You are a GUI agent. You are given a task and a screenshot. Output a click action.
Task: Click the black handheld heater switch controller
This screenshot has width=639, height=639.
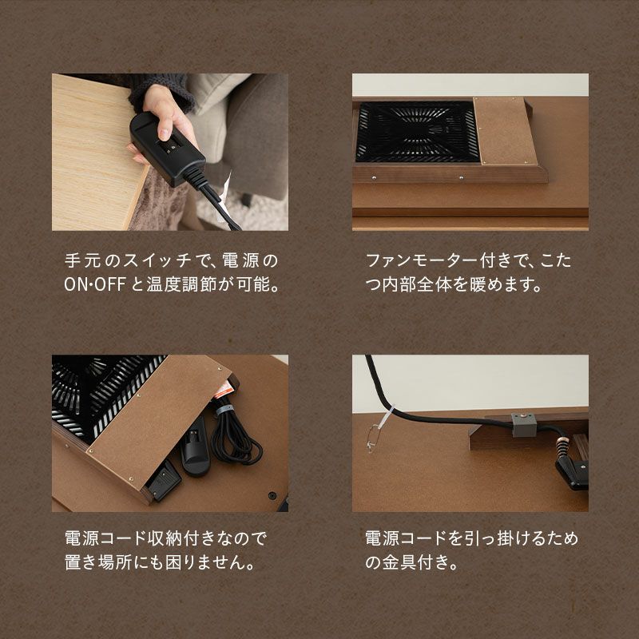pyautogui.click(x=167, y=149)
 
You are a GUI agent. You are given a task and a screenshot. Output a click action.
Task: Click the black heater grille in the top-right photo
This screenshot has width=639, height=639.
pyautogui.click(x=417, y=132)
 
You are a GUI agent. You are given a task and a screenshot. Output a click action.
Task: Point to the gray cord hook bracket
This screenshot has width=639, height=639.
pyautogui.click(x=524, y=425)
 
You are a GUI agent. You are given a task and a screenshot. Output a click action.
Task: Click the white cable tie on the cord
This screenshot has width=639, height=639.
pyautogui.click(x=387, y=415)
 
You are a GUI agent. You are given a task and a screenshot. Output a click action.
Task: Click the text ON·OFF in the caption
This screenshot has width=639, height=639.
pyautogui.click(x=94, y=284)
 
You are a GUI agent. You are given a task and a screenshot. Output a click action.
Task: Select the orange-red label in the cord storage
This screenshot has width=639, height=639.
pyautogui.click(x=224, y=388)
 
